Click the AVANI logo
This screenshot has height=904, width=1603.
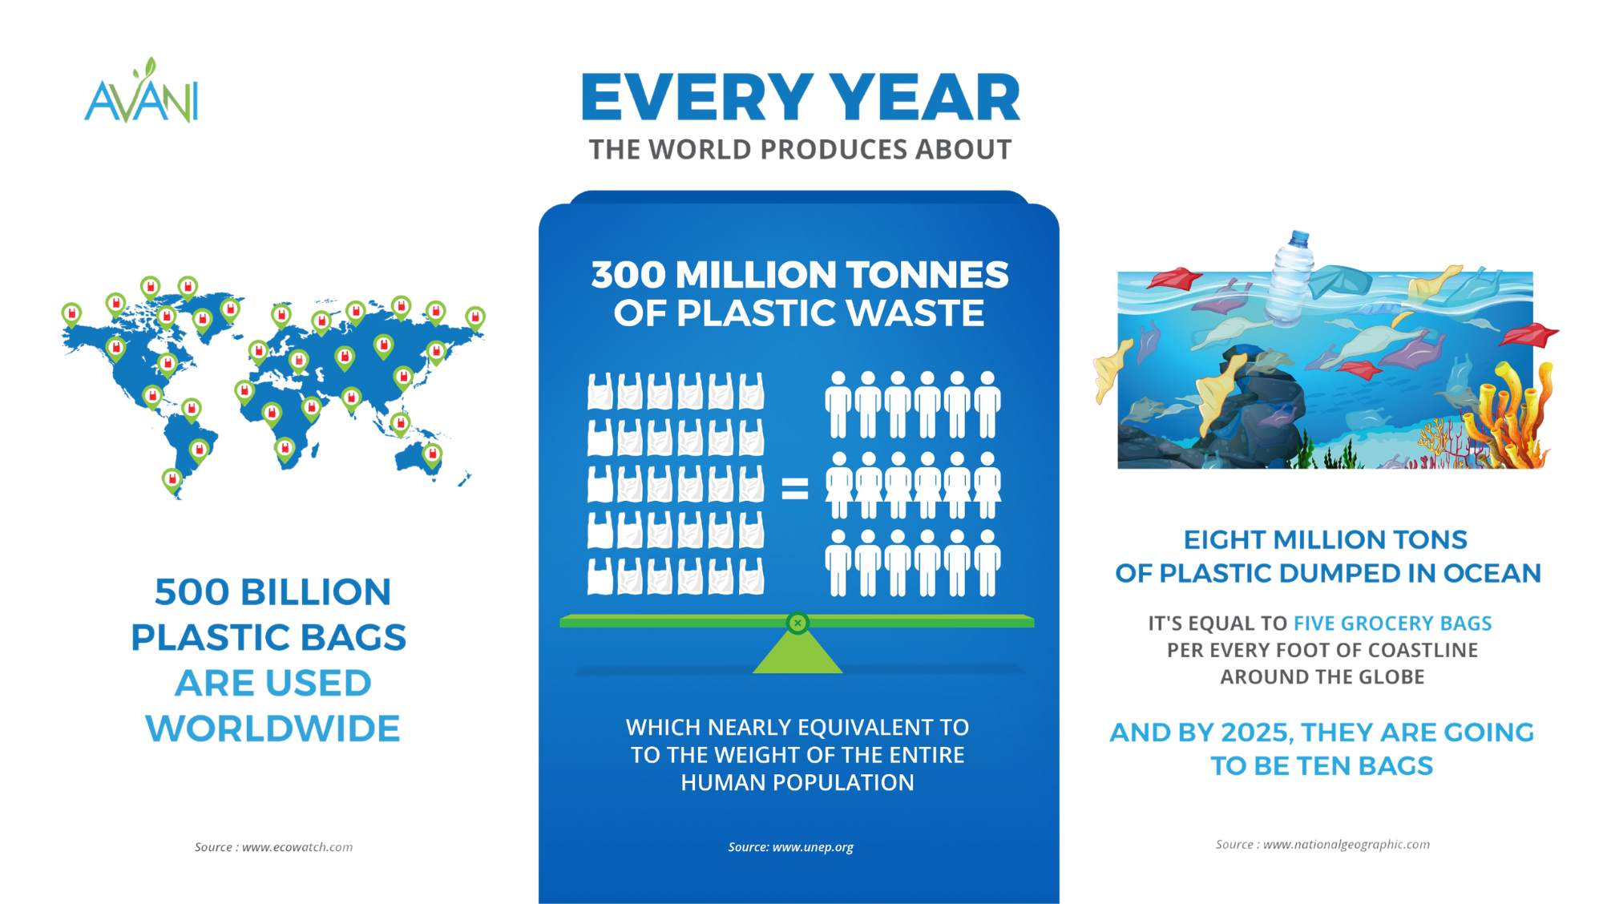click(141, 91)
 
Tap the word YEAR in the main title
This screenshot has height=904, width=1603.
click(924, 97)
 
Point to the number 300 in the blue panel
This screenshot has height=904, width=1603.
click(628, 275)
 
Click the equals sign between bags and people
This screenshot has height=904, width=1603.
click(794, 488)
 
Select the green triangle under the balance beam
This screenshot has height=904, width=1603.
click(797, 650)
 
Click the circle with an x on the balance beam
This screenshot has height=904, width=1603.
click(797, 623)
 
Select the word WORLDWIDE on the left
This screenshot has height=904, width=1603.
click(273, 728)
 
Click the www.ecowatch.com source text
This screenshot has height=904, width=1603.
click(297, 847)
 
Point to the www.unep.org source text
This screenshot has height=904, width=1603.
click(813, 847)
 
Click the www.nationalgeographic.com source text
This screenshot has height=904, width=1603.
click(1347, 845)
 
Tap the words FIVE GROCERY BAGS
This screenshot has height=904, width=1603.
click(1393, 624)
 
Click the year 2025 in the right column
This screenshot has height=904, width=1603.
click(1256, 732)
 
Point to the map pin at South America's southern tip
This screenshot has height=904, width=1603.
click(172, 481)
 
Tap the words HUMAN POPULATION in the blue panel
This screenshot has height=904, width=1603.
click(797, 782)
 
